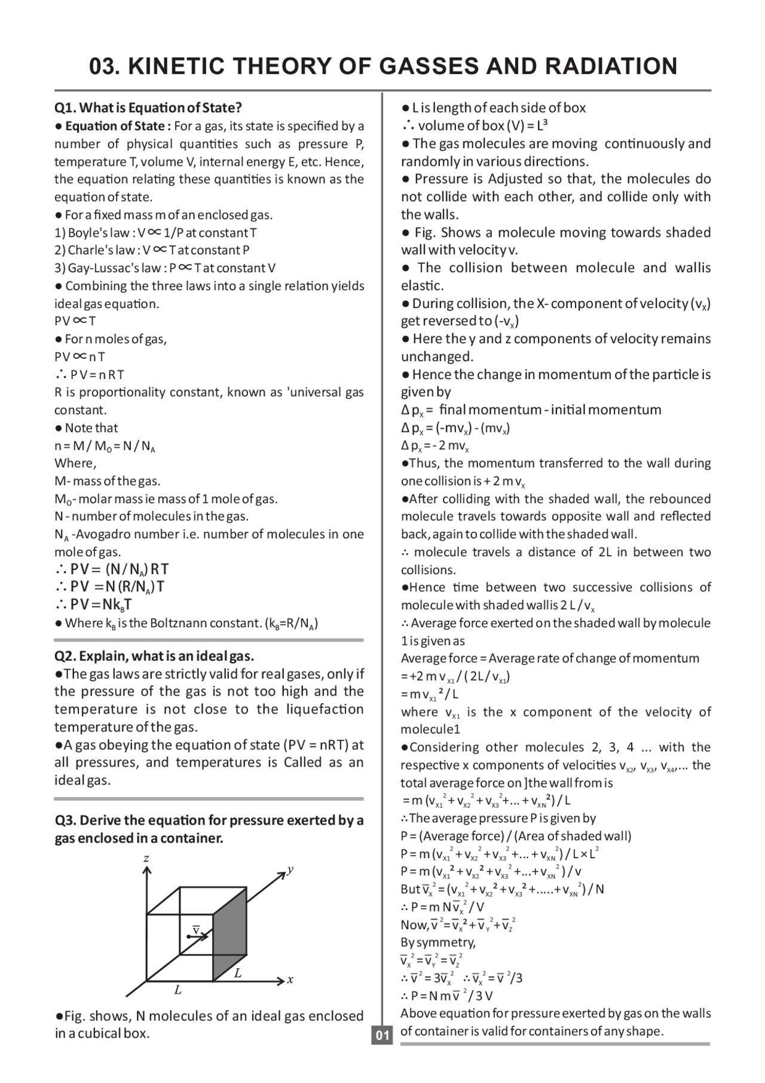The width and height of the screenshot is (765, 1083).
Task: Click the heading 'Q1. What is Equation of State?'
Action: (x=148, y=108)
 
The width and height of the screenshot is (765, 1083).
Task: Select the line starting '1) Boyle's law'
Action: (x=155, y=233)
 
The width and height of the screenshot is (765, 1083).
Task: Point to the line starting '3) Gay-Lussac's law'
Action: (x=165, y=268)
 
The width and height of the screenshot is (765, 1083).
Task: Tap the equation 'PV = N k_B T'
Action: (x=94, y=605)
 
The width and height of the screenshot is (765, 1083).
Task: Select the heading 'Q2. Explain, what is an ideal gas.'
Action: (x=154, y=656)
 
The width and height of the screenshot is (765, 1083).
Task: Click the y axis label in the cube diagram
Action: (x=290, y=869)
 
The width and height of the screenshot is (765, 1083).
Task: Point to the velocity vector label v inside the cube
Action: (x=195, y=931)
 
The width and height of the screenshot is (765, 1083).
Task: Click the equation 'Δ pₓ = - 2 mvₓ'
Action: (x=434, y=446)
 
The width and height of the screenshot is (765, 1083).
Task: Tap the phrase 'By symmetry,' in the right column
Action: (x=438, y=942)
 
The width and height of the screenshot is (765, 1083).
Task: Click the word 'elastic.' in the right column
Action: (x=422, y=286)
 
